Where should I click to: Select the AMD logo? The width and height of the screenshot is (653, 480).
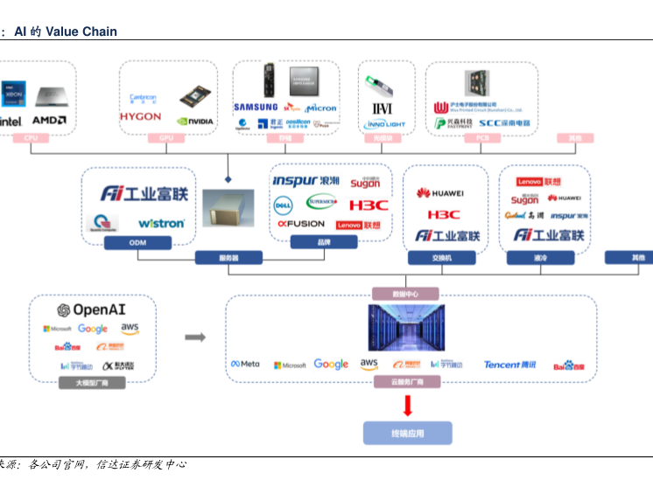[x=48, y=120]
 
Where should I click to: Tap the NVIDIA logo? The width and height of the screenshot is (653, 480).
[x=194, y=122]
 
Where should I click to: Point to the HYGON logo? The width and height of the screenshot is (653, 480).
[x=140, y=116]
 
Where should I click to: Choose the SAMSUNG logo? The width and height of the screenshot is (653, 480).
[x=256, y=108]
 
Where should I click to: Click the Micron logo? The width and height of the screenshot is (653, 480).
[x=321, y=108]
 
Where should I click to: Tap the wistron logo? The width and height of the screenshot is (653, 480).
[x=162, y=223]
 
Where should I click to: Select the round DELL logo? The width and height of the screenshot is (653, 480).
[x=283, y=205]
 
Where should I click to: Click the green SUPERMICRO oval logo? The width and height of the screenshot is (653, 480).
[x=321, y=203]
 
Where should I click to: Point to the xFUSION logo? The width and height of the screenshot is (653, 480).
[x=300, y=224]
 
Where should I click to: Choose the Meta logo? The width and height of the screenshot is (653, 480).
[x=245, y=364]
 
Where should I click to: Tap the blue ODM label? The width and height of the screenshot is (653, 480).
[x=137, y=242]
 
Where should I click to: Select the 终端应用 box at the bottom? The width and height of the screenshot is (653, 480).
[x=407, y=433]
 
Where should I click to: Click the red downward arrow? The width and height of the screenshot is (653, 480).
[x=407, y=406]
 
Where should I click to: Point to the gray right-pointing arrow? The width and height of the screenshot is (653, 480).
[x=195, y=337]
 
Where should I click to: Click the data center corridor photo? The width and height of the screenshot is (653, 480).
[x=406, y=328]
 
